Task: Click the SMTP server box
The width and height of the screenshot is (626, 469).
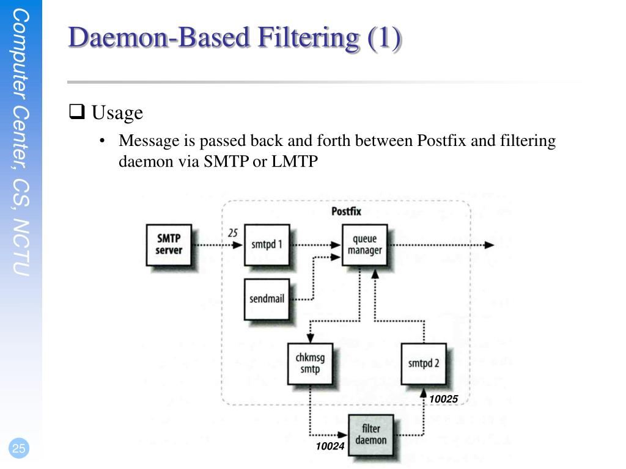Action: [169, 244]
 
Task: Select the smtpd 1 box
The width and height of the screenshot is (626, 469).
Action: [267, 244]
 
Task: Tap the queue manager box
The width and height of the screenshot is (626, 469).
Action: [364, 244]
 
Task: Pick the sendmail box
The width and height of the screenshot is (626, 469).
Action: [267, 299]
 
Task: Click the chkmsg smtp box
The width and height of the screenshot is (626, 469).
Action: [310, 363]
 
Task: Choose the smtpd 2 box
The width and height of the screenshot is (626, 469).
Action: [423, 363]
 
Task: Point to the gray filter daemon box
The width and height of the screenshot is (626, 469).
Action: [371, 434]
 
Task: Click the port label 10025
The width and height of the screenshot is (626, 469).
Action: [443, 399]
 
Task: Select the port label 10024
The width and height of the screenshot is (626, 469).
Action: [330, 447]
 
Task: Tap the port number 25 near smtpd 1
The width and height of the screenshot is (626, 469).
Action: [232, 233]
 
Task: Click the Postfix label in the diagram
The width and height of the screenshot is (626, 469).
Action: [346, 211]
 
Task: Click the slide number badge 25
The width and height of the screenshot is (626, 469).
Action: [19, 449]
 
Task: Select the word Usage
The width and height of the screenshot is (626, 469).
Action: [117, 112]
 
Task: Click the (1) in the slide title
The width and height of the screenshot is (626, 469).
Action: [385, 38]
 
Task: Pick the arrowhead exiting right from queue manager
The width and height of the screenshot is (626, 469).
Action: [488, 245]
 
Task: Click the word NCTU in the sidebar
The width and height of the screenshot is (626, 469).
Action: [22, 247]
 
